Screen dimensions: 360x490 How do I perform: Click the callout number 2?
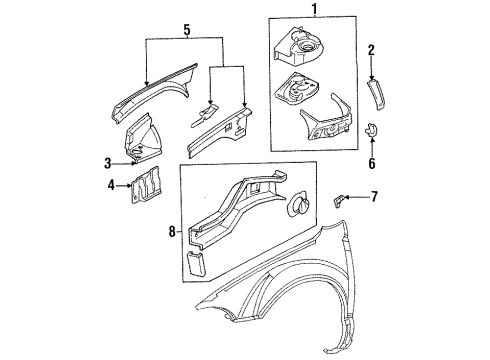coord(370,49)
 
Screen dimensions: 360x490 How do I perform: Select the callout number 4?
coord(111,183)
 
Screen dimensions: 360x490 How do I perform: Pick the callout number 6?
coord(372,162)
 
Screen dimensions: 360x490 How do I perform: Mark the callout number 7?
coord(375,197)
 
